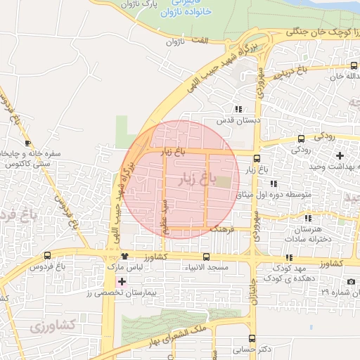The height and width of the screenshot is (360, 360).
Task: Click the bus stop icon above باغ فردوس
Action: (48, 255)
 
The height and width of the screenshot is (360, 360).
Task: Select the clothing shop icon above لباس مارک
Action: (124, 256)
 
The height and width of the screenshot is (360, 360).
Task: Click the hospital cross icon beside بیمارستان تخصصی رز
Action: (122, 281)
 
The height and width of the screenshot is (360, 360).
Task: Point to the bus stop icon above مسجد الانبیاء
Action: (206, 257)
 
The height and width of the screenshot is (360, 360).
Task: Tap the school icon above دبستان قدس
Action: (238, 109)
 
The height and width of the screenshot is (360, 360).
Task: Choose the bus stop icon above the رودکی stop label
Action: (301, 139)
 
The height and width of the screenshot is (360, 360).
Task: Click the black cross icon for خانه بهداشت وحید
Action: (340, 155)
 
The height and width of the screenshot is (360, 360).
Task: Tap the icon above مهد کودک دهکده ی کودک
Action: (289, 257)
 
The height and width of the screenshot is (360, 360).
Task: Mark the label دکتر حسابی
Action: (255, 349)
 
